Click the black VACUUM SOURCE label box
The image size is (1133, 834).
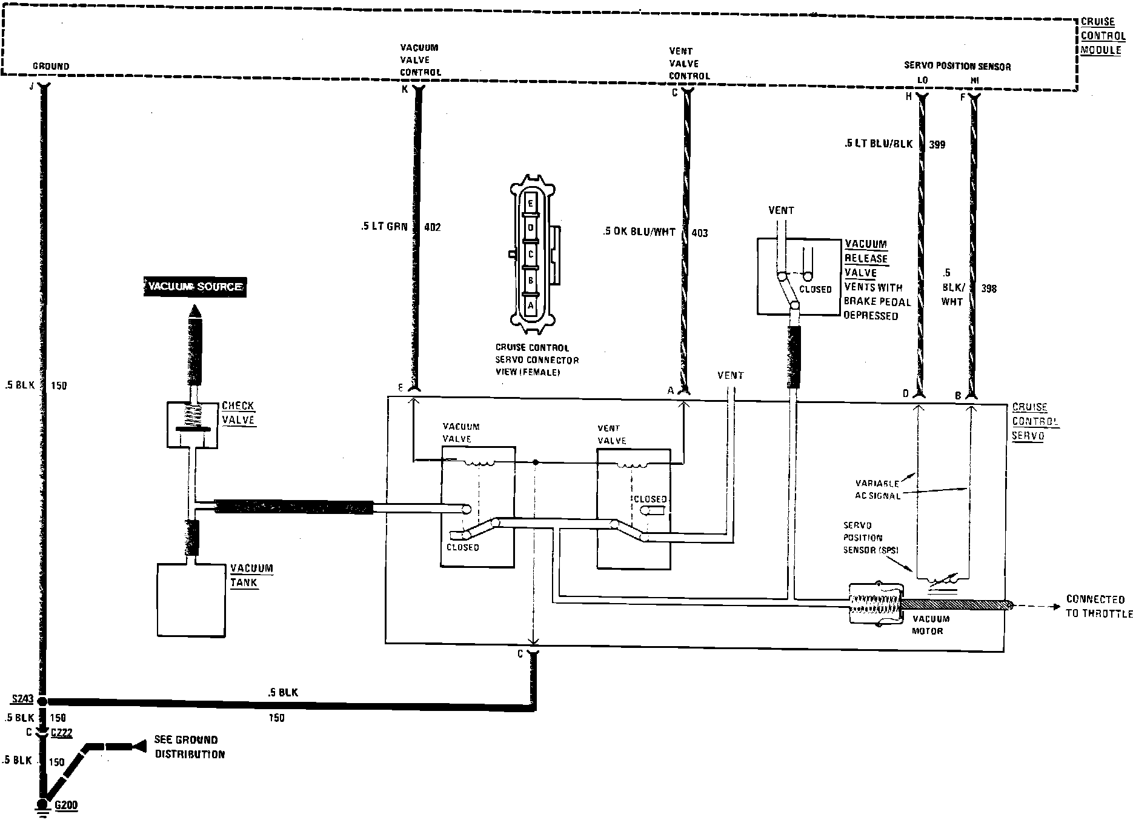click(x=195, y=287)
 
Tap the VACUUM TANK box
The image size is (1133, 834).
click(x=191, y=600)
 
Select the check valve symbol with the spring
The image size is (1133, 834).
click(x=193, y=424)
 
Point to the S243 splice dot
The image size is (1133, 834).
click(x=42, y=700)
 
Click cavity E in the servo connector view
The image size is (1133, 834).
click(x=530, y=204)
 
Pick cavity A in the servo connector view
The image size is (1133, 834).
click(x=530, y=305)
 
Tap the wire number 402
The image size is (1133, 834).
click(x=433, y=227)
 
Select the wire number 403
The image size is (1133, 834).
click(x=699, y=233)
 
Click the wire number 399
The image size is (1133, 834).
click(x=936, y=144)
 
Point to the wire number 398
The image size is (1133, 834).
click(x=988, y=289)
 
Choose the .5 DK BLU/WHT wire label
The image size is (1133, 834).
click(x=639, y=232)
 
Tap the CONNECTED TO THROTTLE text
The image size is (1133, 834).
click(x=1098, y=606)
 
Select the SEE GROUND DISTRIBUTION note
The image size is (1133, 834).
click(x=189, y=747)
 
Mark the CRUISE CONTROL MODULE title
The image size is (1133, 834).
click(x=1103, y=36)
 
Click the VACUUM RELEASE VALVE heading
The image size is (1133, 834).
click(x=866, y=258)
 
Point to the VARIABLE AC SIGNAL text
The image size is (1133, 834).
click(x=877, y=489)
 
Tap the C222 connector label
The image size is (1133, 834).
click(x=61, y=733)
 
